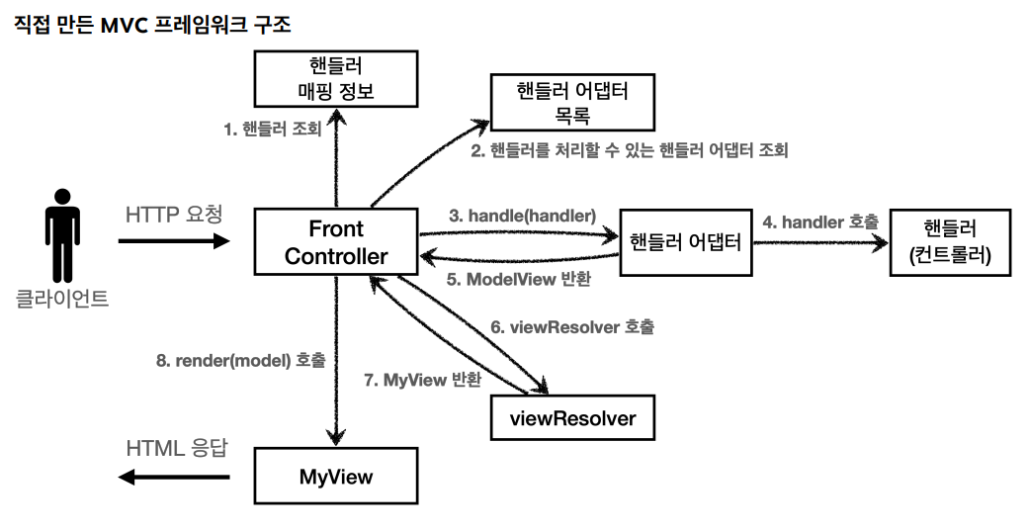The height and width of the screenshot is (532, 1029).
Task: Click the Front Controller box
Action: point(336,242)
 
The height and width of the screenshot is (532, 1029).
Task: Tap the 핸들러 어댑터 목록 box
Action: point(572,104)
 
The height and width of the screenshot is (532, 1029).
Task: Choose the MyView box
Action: point(336,477)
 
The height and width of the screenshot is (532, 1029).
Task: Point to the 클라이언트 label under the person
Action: point(62,298)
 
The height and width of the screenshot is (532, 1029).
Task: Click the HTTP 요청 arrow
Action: point(173,240)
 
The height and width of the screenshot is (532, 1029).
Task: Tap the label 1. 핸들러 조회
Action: point(271,130)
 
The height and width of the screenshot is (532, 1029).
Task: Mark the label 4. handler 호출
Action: point(819,222)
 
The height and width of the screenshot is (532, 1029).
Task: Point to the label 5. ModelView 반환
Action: point(518,279)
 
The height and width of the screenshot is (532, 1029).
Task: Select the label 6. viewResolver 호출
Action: point(571,326)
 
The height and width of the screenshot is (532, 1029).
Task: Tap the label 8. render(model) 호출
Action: point(240,361)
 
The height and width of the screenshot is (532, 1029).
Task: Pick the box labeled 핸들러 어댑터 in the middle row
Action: point(685,241)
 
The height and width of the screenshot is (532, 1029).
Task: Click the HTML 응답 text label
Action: point(177,447)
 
